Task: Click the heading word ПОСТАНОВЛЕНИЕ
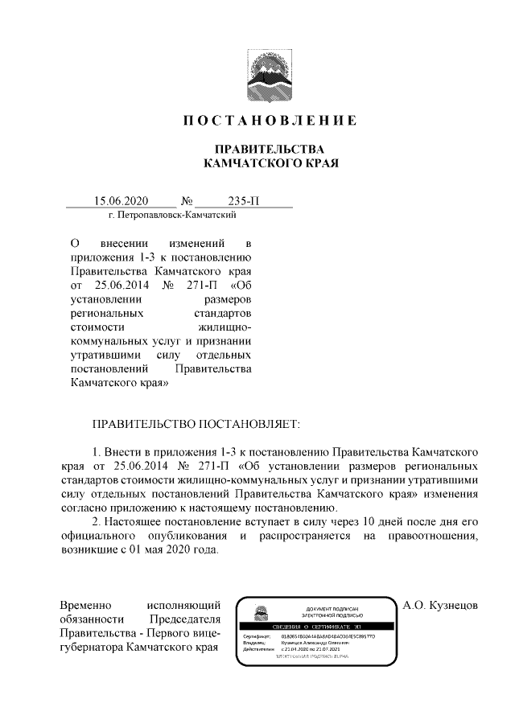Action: (269, 121)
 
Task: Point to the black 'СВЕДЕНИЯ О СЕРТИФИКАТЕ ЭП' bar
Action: (316, 626)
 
